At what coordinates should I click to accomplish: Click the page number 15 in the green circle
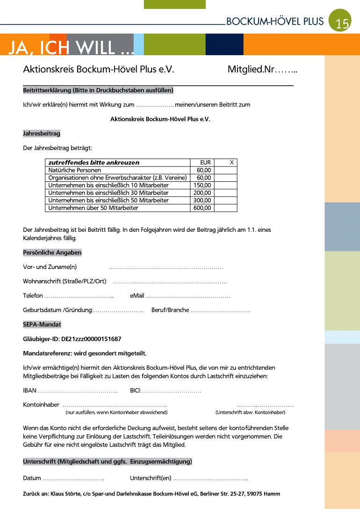pos(342,23)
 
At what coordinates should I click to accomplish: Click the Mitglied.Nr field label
pos(251,70)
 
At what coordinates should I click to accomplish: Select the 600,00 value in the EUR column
pos(202,208)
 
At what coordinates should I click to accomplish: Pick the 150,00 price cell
pos(202,185)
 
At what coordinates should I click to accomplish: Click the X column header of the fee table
pos(231,162)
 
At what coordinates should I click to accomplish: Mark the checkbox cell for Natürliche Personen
pos(226,170)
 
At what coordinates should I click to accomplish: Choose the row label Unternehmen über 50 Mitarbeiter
pos(93,208)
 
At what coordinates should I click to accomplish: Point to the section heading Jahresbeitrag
pos(42,134)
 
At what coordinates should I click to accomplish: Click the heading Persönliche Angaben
pos(52,252)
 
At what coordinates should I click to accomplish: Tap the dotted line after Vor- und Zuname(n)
pos(166,267)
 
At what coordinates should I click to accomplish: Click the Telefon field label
pos(33,296)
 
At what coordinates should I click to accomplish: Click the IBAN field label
pos(29,390)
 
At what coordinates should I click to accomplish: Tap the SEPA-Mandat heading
pos(42,324)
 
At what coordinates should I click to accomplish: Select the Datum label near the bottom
pos(32,478)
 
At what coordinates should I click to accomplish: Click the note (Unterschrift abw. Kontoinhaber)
pos(250,412)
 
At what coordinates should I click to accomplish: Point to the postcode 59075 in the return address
pos(256,494)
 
